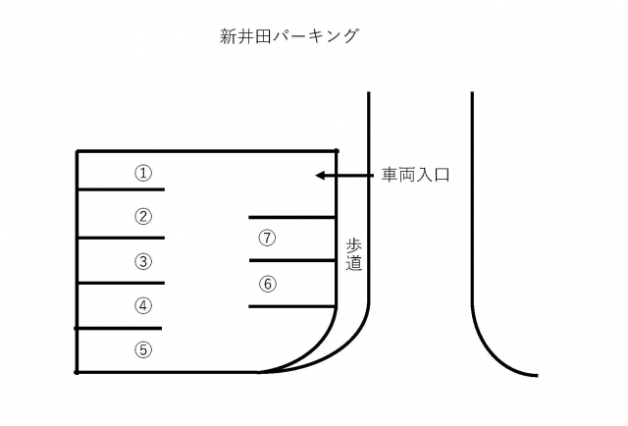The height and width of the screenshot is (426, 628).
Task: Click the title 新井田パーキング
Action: click(288, 36)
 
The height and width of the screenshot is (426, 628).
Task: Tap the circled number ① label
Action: click(143, 174)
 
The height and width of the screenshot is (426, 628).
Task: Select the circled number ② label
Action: click(143, 216)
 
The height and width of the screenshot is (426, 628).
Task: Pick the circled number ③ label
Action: click(143, 262)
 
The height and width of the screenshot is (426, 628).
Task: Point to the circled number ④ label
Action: click(143, 306)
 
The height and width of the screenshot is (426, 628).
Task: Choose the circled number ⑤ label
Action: click(143, 349)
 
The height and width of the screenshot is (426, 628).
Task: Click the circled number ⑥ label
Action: click(268, 284)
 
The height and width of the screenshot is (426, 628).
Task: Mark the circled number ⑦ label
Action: click(267, 239)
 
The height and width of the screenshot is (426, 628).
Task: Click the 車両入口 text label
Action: click(415, 175)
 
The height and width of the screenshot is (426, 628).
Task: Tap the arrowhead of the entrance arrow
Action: click(319, 176)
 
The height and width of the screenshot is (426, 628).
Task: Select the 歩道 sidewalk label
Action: click(354, 254)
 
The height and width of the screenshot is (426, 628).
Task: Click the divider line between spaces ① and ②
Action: click(121, 189)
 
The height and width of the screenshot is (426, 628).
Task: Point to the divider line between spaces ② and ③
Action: click(121, 239)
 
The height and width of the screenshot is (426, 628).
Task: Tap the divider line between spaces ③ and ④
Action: click(121, 283)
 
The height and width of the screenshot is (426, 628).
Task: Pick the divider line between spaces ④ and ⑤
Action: click(118, 328)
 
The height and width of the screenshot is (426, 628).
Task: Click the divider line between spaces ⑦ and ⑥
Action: click(292, 260)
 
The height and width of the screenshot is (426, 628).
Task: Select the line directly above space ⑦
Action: click(292, 217)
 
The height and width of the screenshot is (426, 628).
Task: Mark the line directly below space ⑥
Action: click(292, 306)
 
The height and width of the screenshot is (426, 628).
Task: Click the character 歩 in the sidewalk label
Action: click(354, 245)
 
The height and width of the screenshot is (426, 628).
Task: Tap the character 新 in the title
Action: click(229, 36)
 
